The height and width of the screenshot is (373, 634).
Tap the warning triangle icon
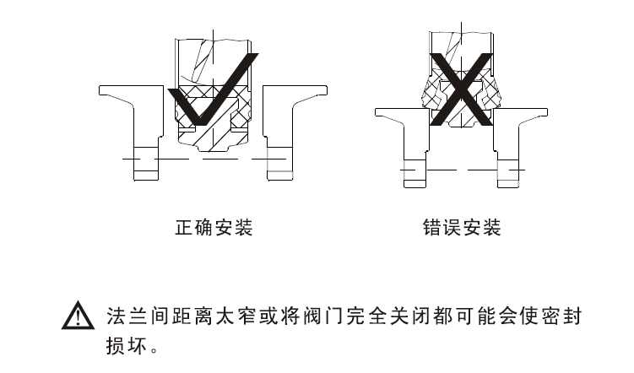point(77,319)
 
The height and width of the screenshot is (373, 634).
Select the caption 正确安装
point(213,228)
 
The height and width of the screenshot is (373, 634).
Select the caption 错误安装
point(462,228)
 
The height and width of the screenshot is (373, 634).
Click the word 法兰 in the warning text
point(127,316)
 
